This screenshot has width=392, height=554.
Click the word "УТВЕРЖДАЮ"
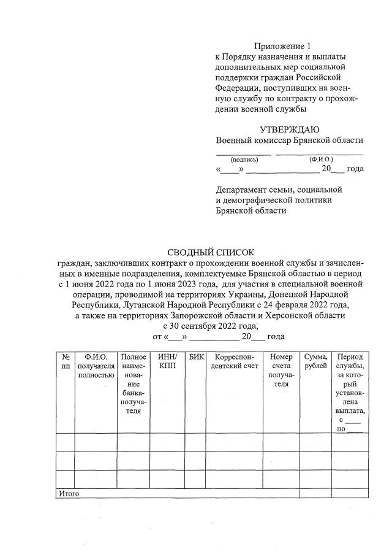coord(289,129)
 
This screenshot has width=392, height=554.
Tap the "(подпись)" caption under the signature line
coord(244,159)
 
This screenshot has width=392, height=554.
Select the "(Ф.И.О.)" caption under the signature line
coord(322,159)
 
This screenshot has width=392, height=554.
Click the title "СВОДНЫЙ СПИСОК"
coord(210,252)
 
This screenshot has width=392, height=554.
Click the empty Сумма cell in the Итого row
coord(315,493)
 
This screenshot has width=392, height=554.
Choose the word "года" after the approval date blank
coord(355,169)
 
